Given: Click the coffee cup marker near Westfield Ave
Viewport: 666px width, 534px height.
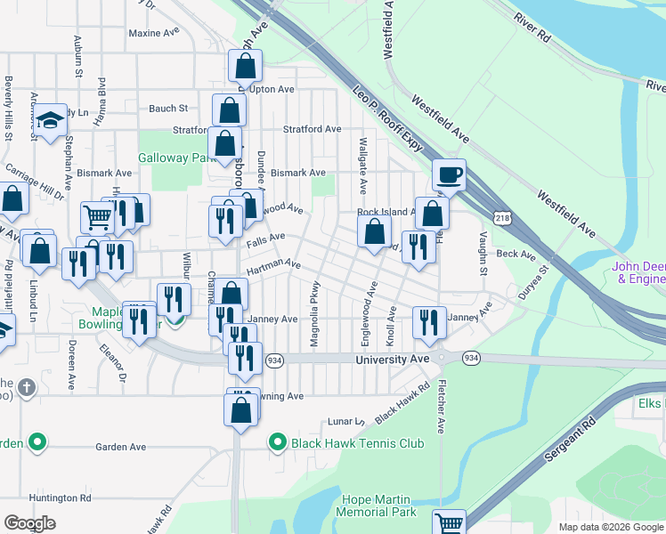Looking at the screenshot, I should [x=449, y=174].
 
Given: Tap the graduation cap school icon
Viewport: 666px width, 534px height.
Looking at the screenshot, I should [x=51, y=118].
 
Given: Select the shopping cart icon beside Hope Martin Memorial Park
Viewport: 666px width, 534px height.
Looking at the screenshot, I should [x=449, y=523].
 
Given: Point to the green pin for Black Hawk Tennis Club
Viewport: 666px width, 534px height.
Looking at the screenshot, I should [x=277, y=441].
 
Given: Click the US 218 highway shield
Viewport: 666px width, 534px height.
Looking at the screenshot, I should [x=502, y=218].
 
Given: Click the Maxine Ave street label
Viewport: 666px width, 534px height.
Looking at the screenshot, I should [x=153, y=33].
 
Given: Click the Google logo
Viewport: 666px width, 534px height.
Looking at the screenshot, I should [x=30, y=523].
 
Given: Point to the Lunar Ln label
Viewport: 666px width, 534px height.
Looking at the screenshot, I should [x=347, y=421].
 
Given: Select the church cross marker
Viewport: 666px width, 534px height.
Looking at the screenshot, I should [x=27, y=388].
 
